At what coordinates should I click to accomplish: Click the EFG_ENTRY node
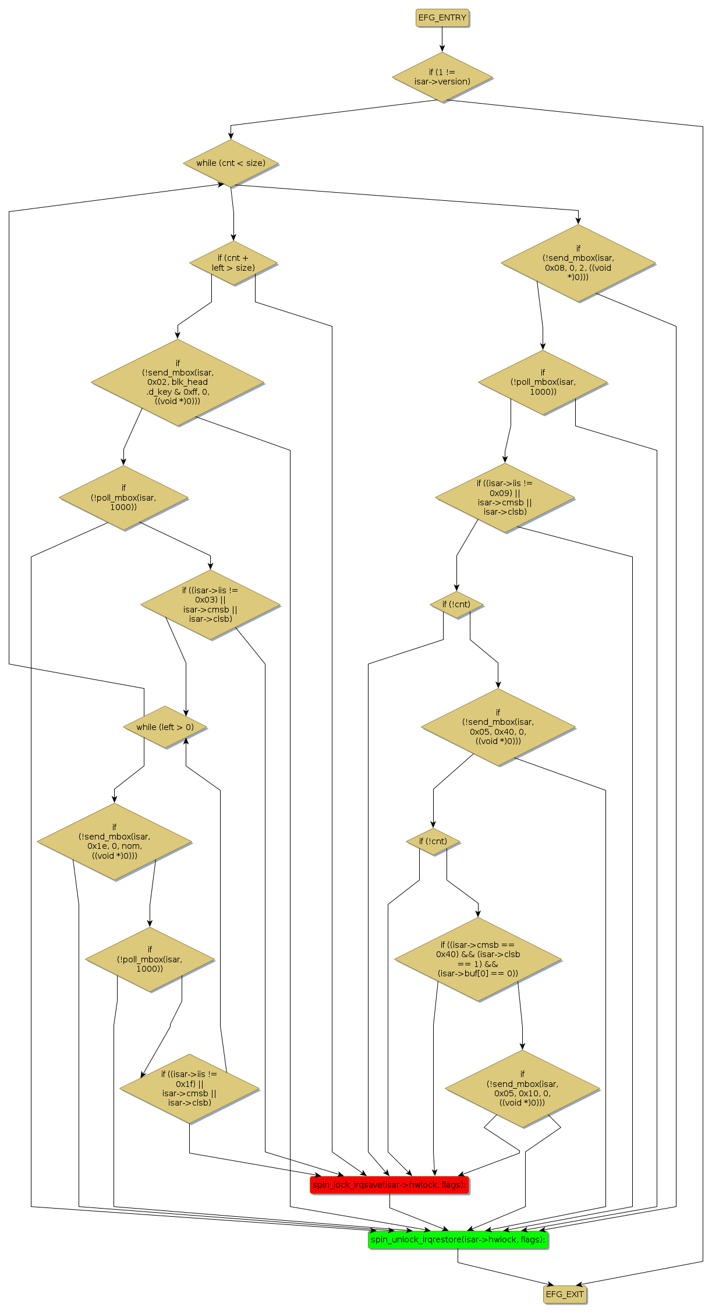tap(442, 18)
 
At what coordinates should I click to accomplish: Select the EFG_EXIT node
tap(565, 1294)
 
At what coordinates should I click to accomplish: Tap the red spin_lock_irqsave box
tap(389, 1185)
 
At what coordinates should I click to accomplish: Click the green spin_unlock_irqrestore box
tap(458, 1239)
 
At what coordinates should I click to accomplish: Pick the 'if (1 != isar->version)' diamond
tap(442, 77)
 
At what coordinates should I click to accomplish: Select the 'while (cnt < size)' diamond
tap(231, 163)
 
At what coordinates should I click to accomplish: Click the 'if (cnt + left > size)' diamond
tap(233, 263)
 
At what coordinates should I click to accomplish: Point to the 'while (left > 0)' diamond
tap(165, 727)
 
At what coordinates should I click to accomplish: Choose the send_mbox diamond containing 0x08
tap(578, 263)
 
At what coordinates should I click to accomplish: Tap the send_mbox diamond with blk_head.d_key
tap(178, 382)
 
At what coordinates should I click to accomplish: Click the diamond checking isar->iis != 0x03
tap(210, 605)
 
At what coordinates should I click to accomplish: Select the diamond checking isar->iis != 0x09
tap(505, 498)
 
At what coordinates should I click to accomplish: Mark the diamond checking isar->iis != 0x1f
tap(189, 1088)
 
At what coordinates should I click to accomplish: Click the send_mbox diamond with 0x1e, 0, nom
tap(114, 841)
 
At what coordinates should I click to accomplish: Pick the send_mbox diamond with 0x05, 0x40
tap(498, 727)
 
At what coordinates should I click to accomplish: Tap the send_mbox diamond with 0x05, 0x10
tap(522, 1088)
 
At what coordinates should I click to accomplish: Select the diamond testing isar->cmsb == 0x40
tap(478, 959)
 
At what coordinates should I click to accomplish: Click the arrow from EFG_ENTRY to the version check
tap(442, 40)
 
